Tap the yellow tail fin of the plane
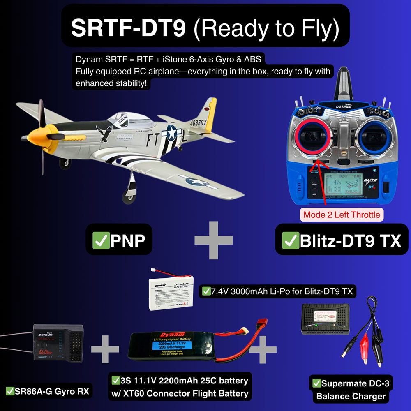(x=210, y=111)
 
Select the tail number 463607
(x=198, y=122)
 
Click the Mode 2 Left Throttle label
(x=342, y=215)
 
